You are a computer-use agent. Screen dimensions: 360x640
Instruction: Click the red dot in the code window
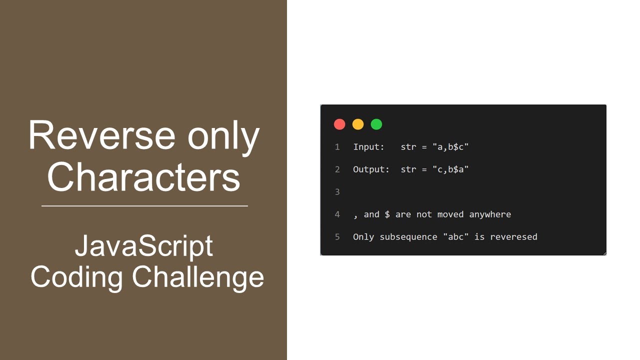tap(339, 124)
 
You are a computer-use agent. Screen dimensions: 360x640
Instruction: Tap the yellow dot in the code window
tap(358, 124)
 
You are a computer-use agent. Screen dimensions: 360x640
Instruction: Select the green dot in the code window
tap(376, 124)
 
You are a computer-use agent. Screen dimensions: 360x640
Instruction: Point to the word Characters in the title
tap(143, 177)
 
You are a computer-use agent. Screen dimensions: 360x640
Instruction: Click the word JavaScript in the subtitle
tap(144, 245)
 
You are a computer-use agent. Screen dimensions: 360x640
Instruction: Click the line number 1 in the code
tap(337, 147)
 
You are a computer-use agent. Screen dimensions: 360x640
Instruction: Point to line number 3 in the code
tap(337, 192)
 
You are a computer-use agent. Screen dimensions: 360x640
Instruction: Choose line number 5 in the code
tap(337, 237)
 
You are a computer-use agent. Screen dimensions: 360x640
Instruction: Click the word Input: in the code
tap(368, 147)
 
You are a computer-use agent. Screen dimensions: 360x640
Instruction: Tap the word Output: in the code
tap(371, 169)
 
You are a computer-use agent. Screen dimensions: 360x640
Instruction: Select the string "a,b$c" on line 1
tap(450, 147)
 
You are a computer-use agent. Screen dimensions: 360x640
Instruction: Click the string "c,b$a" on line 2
tap(450, 169)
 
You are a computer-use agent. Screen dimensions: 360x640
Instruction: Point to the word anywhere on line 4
tap(489, 214)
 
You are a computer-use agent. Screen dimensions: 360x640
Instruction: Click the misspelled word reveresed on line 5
tap(513, 237)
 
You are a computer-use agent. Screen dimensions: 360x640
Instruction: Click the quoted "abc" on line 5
tap(456, 237)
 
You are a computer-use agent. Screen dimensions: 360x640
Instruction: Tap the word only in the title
tap(223, 136)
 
